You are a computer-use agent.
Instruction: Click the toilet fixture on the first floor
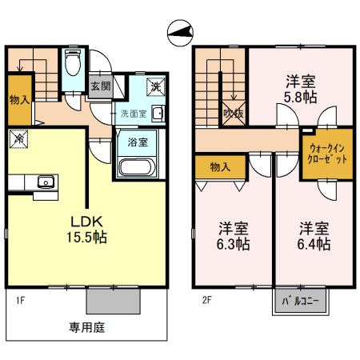pyautogui.click(x=73, y=63)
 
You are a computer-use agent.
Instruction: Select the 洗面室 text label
pyautogui.click(x=133, y=113)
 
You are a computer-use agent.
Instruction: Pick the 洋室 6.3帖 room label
pyautogui.click(x=234, y=236)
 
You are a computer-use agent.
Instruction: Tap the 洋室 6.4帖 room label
pyautogui.click(x=314, y=236)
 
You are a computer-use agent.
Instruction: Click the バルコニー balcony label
pyautogui.click(x=302, y=302)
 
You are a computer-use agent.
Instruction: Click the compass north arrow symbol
pyautogui.click(x=180, y=33)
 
